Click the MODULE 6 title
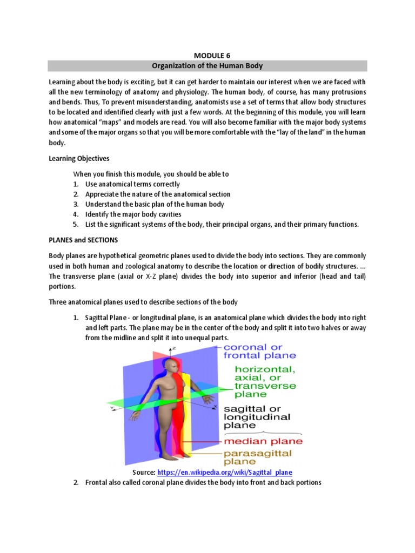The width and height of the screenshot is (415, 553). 207,55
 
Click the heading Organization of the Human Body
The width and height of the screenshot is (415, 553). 207,66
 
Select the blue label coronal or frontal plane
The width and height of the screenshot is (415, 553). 260,352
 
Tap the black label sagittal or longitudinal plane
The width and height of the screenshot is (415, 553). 257,417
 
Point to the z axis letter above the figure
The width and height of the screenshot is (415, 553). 174,349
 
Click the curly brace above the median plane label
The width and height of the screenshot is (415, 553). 262,432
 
